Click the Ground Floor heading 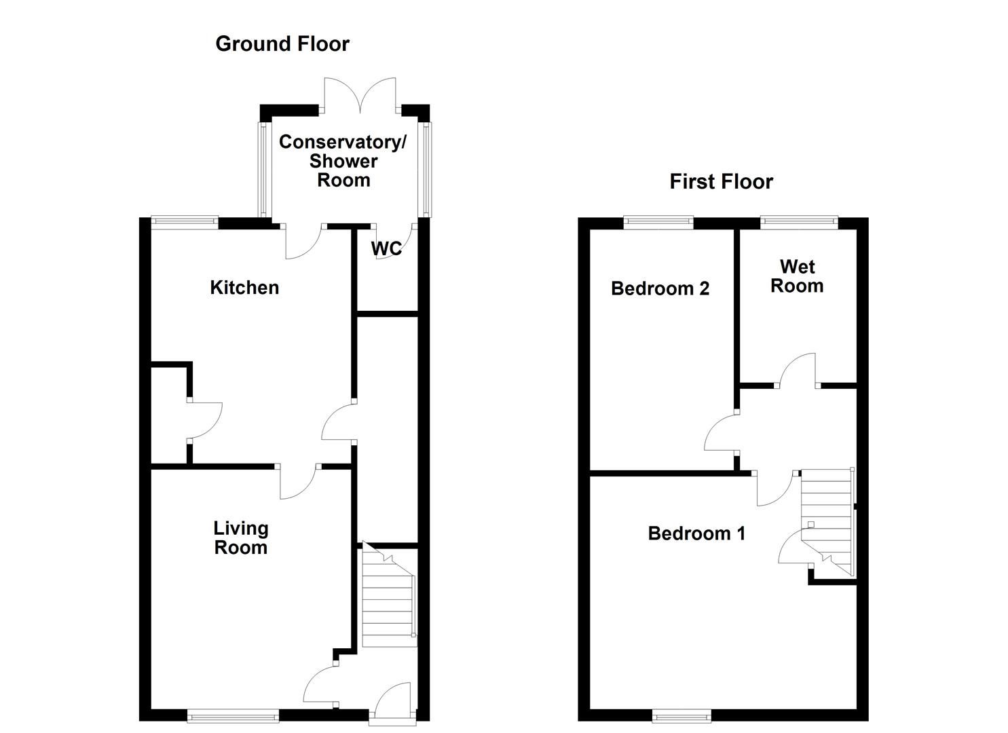pyautogui.click(x=282, y=44)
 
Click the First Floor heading pyautogui.click(x=721, y=182)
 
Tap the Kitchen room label pyautogui.click(x=244, y=288)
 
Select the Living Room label pyautogui.click(x=241, y=538)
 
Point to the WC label pyautogui.click(x=386, y=249)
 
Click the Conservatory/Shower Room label pyautogui.click(x=343, y=162)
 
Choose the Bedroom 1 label pyautogui.click(x=696, y=533)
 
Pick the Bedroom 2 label pyautogui.click(x=660, y=288)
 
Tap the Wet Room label pyautogui.click(x=797, y=276)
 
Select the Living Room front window pyautogui.click(x=233, y=715)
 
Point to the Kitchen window pyautogui.click(x=184, y=221)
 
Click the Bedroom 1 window pyautogui.click(x=682, y=715)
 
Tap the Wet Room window pyautogui.click(x=799, y=222)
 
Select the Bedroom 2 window pyautogui.click(x=658, y=222)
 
